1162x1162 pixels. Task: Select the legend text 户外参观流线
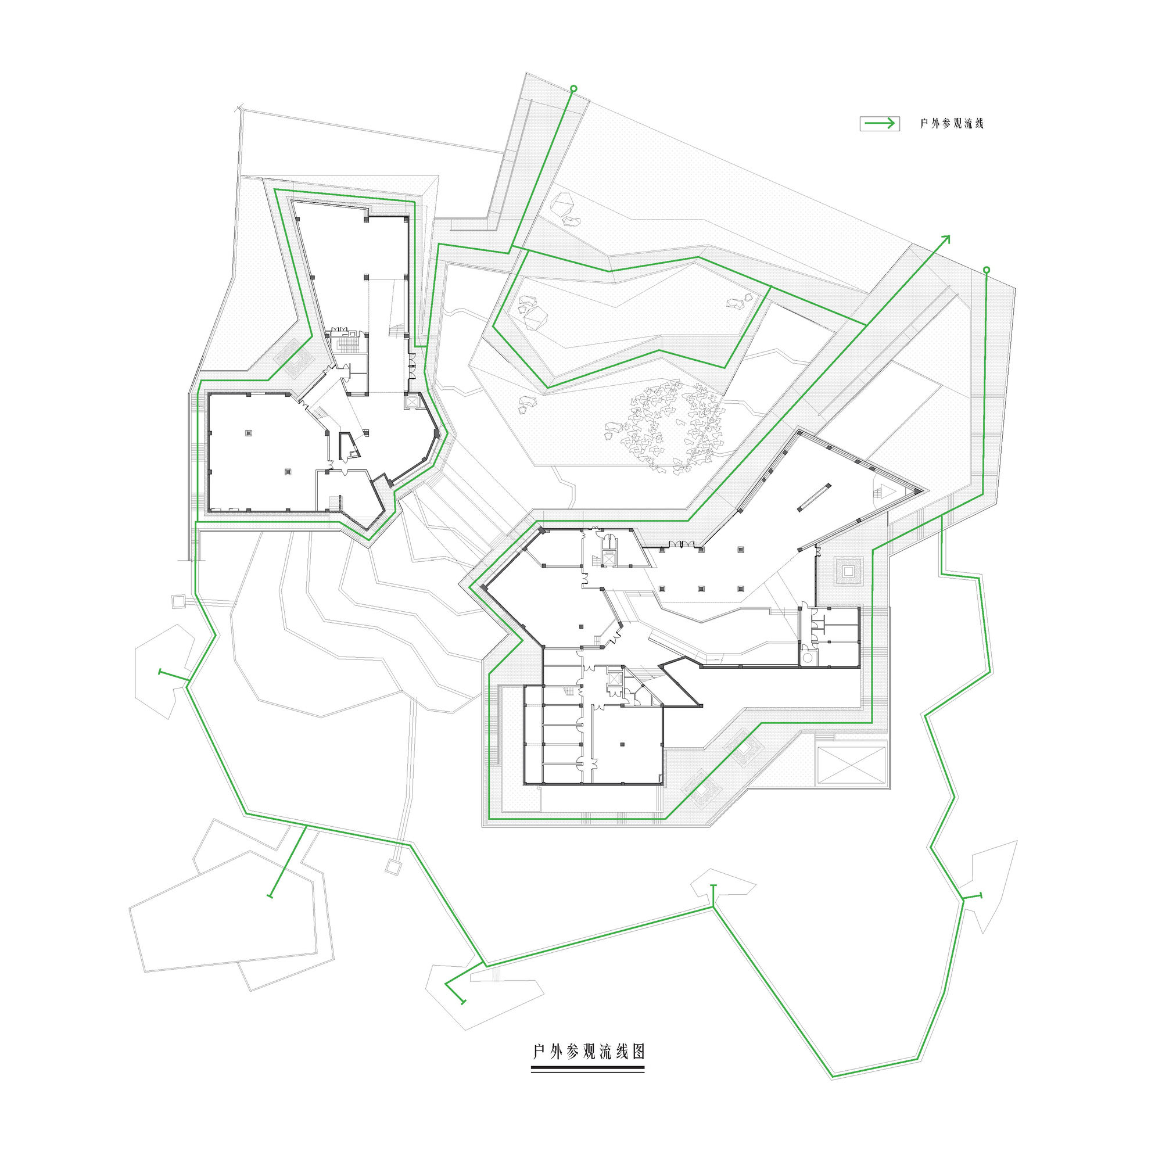point(952,124)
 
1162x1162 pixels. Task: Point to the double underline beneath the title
point(587,1069)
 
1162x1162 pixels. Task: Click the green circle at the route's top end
point(573,88)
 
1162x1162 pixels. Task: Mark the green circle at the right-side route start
point(986,270)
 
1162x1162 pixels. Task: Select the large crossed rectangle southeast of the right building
point(851,765)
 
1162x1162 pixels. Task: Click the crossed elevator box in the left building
point(413,400)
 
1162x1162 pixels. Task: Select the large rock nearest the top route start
point(564,204)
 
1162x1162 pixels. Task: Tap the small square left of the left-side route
point(178,601)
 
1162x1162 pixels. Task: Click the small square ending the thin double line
point(393,867)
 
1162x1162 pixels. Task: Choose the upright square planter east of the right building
point(849,571)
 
